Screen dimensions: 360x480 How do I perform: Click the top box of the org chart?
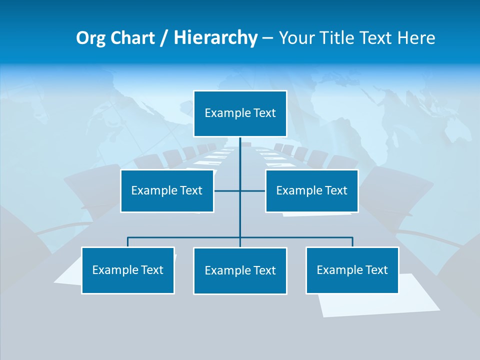pyautogui.click(x=240, y=113)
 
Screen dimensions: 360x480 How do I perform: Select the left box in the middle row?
pyautogui.click(x=167, y=190)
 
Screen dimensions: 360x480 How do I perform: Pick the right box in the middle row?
pyautogui.click(x=311, y=190)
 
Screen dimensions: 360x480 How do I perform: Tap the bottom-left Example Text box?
pyautogui.click(x=128, y=270)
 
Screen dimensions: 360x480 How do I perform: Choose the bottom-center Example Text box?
pyautogui.click(x=240, y=270)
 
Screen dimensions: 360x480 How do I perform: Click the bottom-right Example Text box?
pyautogui.click(x=352, y=270)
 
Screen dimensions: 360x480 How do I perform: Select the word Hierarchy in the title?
pyautogui.click(x=215, y=38)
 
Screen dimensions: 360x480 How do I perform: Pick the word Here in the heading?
pyautogui.click(x=416, y=38)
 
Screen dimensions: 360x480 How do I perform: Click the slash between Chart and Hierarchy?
pyautogui.click(x=164, y=38)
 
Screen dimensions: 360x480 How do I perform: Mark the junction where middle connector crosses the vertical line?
pyautogui.click(x=240, y=190)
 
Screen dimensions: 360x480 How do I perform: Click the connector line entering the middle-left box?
pyautogui.click(x=220, y=190)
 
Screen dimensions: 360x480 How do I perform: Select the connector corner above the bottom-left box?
pyautogui.click(x=128, y=237)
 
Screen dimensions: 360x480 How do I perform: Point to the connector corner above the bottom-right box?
pyautogui.click(x=352, y=237)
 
